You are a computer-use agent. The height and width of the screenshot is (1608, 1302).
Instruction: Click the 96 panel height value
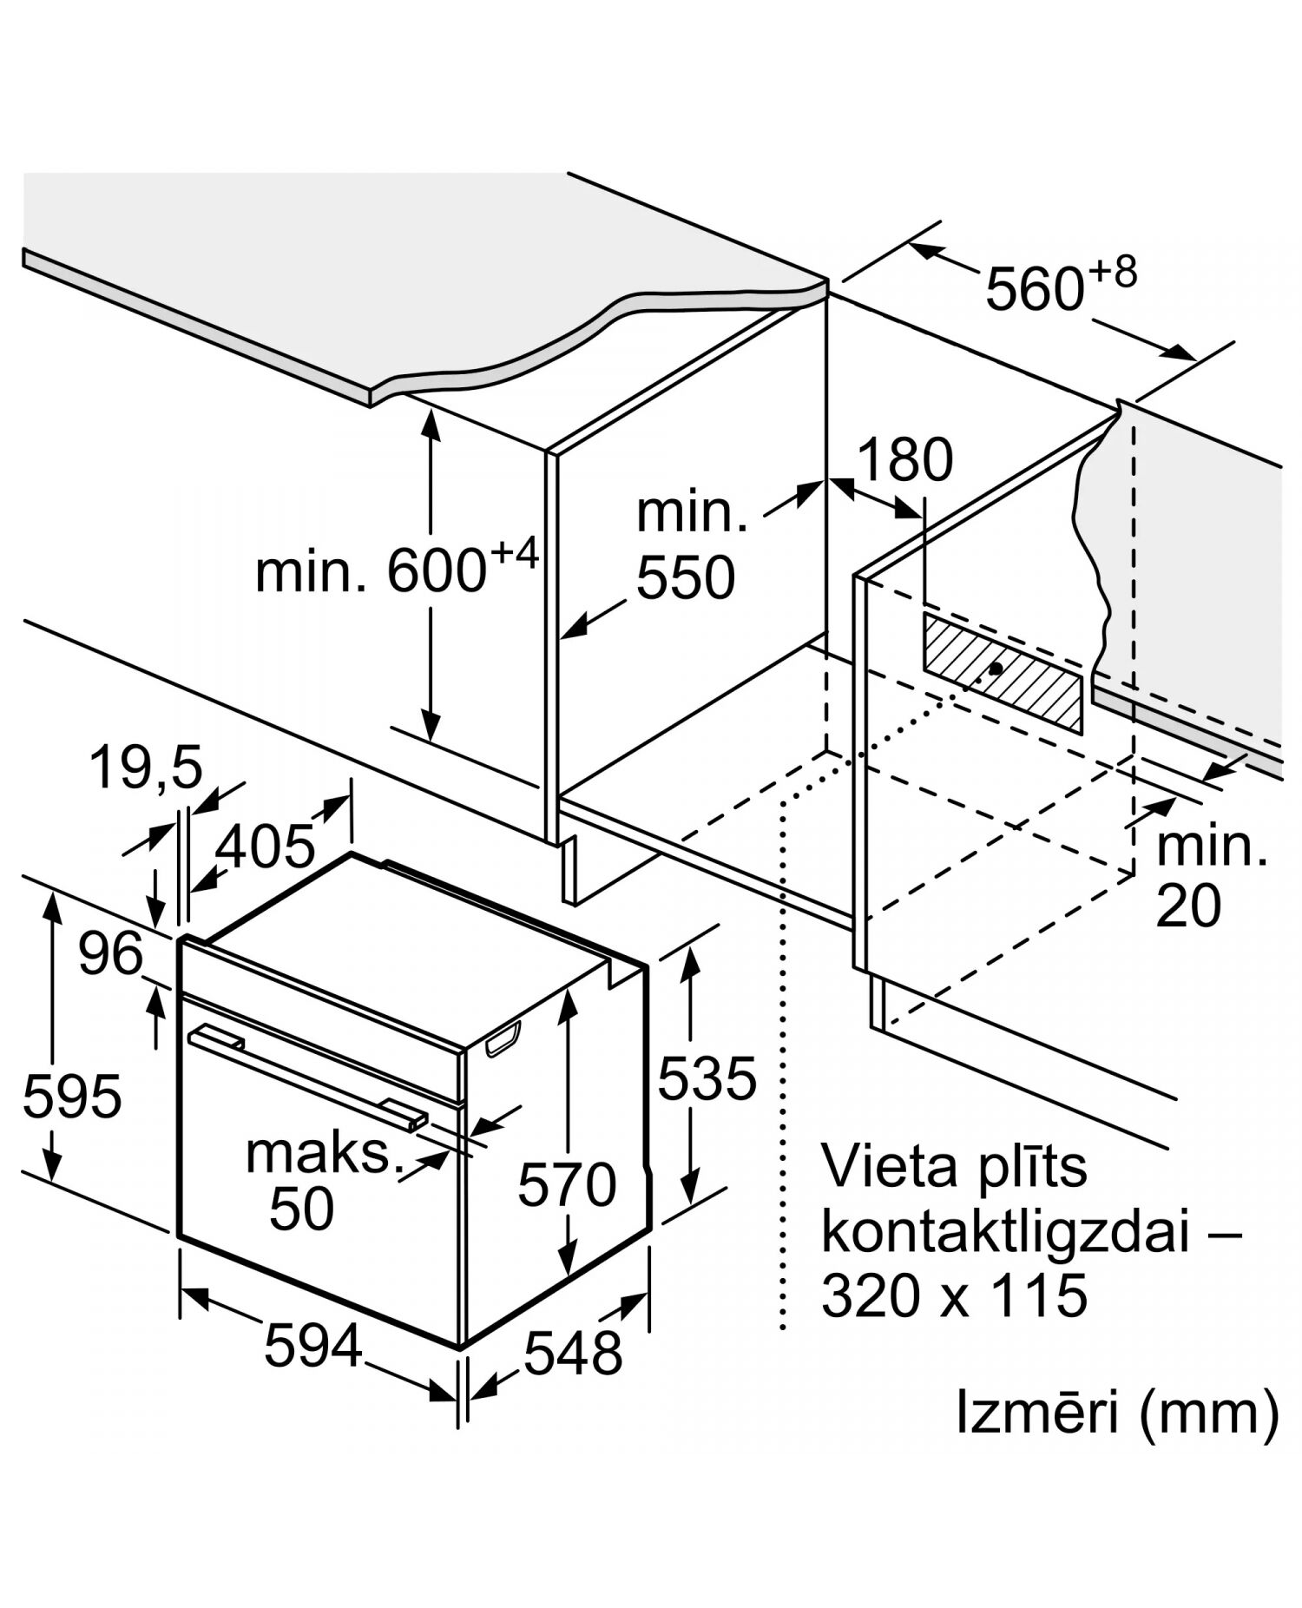(110, 953)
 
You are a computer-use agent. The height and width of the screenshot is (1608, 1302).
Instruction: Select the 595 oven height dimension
(71, 1096)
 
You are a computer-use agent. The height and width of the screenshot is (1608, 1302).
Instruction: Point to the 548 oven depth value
(573, 1352)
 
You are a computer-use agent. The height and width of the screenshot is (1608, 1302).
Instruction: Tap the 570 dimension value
(567, 1184)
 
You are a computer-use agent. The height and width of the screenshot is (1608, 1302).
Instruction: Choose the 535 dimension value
(707, 1079)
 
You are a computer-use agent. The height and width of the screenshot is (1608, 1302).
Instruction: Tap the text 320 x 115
(954, 1295)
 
